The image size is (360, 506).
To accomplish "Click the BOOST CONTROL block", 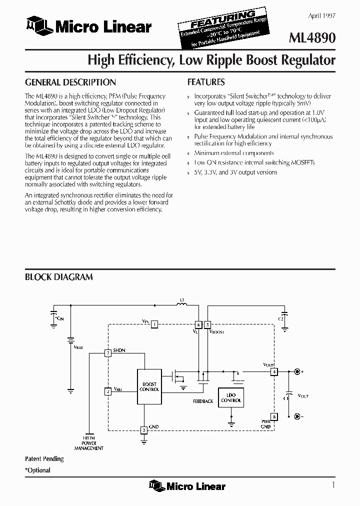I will [149, 386].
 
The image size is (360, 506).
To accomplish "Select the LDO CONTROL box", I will [231, 397].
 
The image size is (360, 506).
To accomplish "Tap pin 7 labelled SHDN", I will [107, 353].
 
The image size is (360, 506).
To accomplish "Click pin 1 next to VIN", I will [155, 324].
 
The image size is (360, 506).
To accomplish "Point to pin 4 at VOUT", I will [273, 371].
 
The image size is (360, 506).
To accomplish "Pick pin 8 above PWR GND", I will [273, 416].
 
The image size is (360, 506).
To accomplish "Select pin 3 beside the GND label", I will [144, 429].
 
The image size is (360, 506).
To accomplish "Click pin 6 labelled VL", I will [198, 324].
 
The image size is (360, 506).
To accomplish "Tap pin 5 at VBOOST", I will [208, 324].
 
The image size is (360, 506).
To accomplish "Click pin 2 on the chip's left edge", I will [107, 391].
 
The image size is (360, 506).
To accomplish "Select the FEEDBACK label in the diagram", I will [203, 401].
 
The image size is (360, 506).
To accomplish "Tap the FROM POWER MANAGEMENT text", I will [89, 443].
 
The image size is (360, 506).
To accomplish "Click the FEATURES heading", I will [205, 82].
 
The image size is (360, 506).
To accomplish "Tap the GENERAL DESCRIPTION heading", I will [70, 82].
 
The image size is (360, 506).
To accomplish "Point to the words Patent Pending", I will [44, 458].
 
